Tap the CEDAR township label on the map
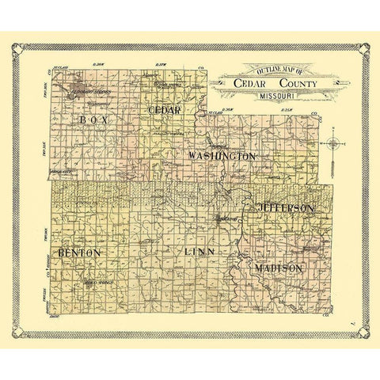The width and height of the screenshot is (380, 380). (165, 109)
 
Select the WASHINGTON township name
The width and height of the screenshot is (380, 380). (222, 157)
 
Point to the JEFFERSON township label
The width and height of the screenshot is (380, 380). (287, 207)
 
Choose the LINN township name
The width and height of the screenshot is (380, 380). (199, 252)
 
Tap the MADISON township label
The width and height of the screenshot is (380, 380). (279, 269)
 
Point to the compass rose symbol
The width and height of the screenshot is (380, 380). (336, 143)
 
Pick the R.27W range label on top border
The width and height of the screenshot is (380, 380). (163, 63)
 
